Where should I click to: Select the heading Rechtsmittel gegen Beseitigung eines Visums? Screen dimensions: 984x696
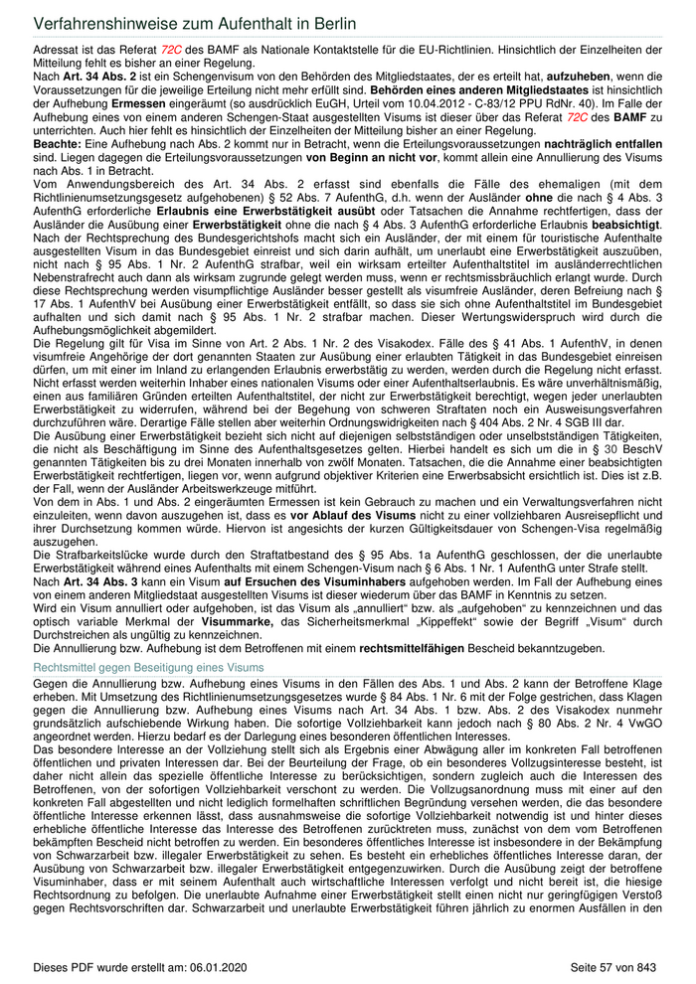tap(149, 667)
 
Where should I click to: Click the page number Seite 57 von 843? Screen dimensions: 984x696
tap(613, 966)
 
